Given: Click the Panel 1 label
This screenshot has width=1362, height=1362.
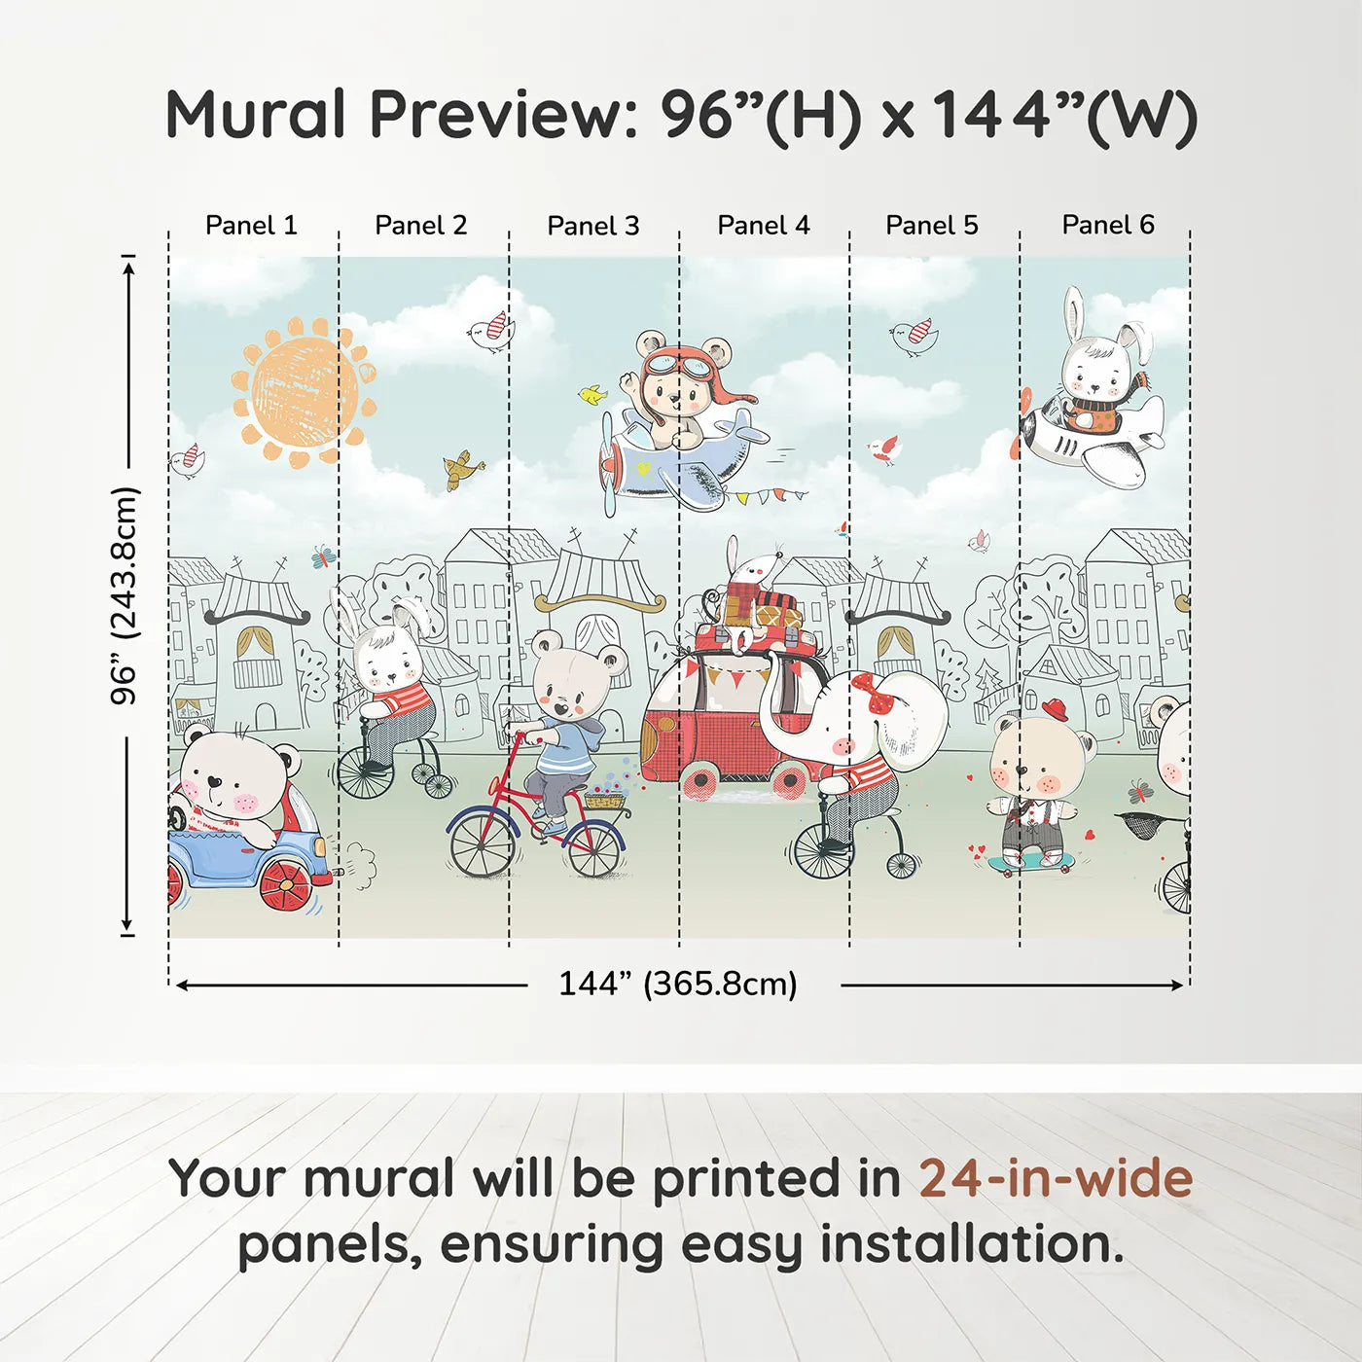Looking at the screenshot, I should point(251,226).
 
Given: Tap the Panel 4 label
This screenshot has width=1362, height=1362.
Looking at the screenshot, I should point(763,226).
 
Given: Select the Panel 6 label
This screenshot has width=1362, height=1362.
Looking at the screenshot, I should point(1107,226).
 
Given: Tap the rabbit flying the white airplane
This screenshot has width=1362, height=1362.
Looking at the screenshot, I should point(1099,370).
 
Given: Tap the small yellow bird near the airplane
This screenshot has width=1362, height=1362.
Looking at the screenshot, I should point(591,395).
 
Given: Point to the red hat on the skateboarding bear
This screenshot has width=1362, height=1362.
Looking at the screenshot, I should point(1054,707).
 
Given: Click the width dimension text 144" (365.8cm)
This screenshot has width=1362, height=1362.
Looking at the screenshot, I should point(677,985).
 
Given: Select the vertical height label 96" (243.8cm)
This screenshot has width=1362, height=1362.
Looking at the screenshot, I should point(125,595).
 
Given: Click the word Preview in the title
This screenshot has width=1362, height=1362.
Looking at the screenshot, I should point(502,115).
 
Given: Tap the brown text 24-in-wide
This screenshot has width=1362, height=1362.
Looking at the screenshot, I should point(1056,1179).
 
